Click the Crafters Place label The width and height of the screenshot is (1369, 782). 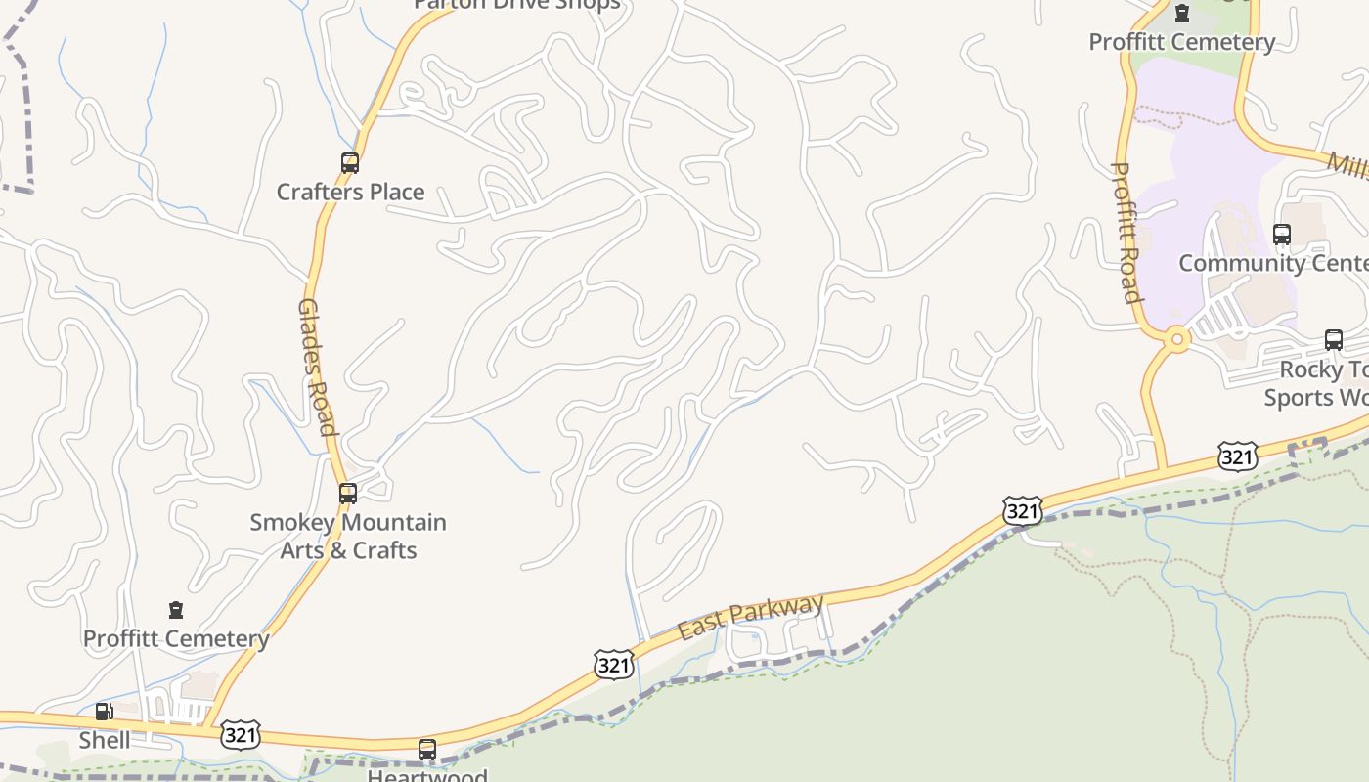pos(350,192)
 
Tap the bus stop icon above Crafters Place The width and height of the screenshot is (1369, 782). pos(350,163)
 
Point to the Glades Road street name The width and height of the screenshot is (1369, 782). pos(316,367)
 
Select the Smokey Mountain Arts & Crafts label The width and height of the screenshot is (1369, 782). pos(348,536)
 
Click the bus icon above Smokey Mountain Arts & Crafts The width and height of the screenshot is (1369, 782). pos(348,494)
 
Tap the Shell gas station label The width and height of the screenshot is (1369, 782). pos(105,740)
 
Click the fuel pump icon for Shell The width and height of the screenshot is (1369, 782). pos(104,712)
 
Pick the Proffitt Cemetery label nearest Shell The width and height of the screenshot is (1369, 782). pos(176,638)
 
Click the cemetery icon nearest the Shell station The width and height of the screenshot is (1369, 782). pos(176,610)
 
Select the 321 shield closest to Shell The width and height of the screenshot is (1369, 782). pos(241,734)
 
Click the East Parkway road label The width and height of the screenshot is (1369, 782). pos(751,618)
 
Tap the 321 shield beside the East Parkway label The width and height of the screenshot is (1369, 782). pos(613,666)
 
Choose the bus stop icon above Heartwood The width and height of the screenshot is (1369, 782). pos(427,750)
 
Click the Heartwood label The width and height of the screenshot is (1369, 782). pos(427,775)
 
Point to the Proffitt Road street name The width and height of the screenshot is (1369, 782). pos(1127,233)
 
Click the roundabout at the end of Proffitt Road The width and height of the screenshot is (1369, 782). pos(1177,340)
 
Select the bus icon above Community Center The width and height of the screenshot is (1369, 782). pos(1282,235)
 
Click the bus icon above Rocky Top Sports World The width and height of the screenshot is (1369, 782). pos(1334,340)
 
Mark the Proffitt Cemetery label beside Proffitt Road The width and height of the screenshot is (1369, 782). pos(1181,42)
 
